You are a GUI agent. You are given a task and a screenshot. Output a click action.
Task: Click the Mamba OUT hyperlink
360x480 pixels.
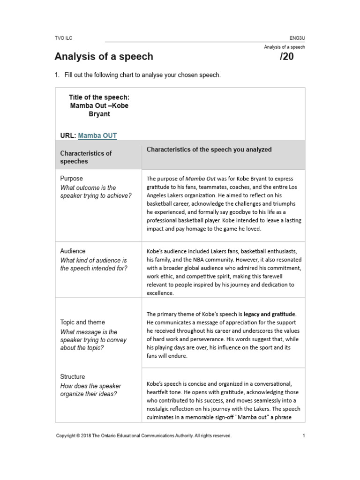click(x=97, y=136)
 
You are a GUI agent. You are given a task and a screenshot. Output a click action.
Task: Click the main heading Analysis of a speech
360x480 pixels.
click(x=104, y=57)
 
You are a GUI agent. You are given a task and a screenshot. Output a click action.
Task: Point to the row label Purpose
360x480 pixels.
click(x=71, y=179)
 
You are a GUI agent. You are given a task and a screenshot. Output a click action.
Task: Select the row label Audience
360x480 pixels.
click(x=73, y=251)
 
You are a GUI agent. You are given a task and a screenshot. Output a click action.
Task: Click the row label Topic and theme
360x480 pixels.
click(x=82, y=322)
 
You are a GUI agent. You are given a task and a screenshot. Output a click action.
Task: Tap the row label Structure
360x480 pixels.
click(x=73, y=376)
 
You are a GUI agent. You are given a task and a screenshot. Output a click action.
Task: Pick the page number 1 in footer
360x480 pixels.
click(x=304, y=435)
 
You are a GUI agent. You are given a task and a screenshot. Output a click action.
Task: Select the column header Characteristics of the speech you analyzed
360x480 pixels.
click(x=209, y=150)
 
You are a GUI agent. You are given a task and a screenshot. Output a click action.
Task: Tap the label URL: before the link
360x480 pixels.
click(x=68, y=136)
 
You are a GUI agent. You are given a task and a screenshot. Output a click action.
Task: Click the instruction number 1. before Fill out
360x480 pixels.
click(x=57, y=75)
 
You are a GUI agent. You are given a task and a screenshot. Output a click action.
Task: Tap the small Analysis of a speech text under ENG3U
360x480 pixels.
click(x=284, y=47)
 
